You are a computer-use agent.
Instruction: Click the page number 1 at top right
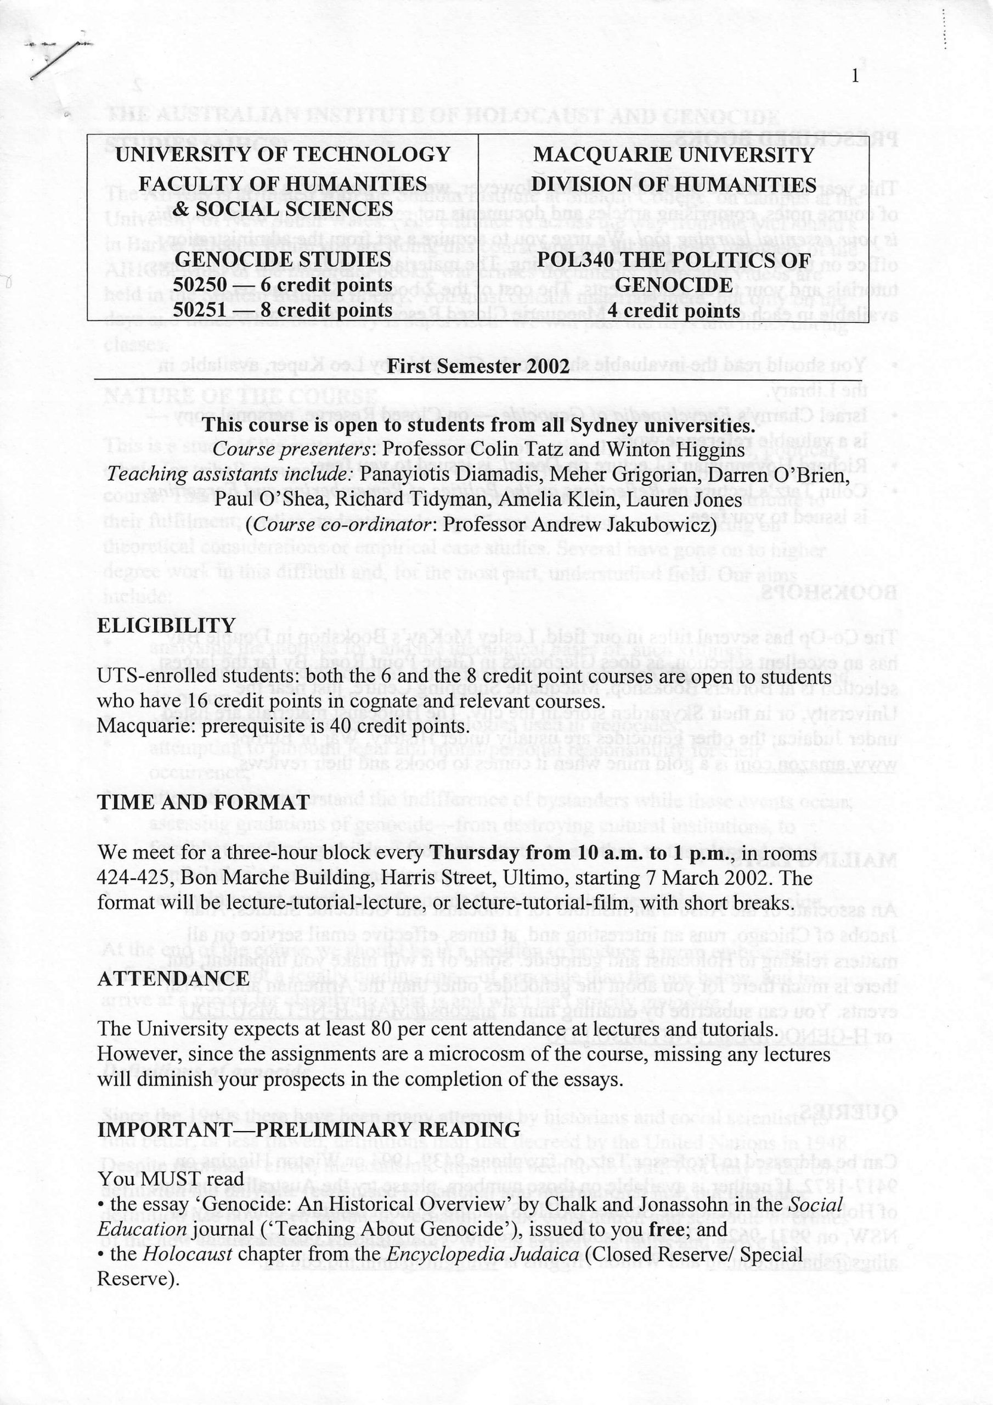coord(855,76)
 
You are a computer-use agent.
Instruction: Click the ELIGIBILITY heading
coord(166,626)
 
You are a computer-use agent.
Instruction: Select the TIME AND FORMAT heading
coord(202,802)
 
